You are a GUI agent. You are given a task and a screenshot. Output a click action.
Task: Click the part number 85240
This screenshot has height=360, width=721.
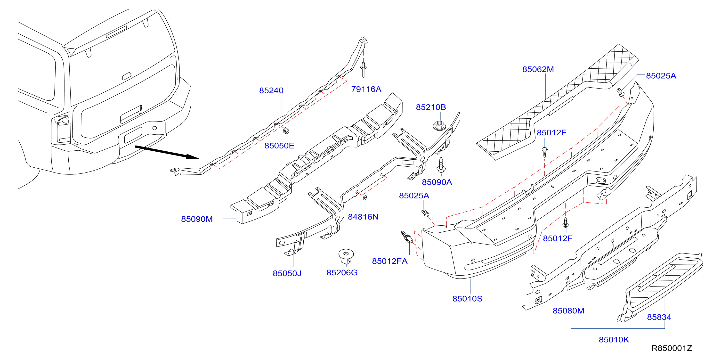(x=271, y=90)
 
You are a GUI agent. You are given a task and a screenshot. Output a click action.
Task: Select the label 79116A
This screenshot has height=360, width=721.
(x=366, y=89)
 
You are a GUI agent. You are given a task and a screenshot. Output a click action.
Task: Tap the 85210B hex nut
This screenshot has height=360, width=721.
(x=439, y=125)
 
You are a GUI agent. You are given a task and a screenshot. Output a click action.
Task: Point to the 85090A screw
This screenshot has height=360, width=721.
(x=441, y=165)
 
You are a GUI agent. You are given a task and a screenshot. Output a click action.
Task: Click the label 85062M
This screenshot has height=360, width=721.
(x=538, y=69)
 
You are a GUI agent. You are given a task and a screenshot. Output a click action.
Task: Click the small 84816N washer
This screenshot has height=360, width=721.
(x=365, y=198)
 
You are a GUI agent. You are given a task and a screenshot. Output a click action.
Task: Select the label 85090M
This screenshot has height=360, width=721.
(x=197, y=219)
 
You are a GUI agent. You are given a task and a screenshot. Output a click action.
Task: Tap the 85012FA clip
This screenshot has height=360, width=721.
(x=406, y=237)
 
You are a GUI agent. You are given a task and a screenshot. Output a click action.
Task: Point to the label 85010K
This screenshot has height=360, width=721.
(x=614, y=339)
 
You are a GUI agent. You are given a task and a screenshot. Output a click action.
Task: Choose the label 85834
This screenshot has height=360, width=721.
(x=659, y=317)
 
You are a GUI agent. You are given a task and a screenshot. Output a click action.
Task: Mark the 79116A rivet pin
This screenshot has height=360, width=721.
(x=363, y=70)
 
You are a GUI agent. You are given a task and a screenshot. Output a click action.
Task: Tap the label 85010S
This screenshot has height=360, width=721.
(x=467, y=298)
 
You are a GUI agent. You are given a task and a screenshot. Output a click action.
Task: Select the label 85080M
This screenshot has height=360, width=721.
(x=568, y=311)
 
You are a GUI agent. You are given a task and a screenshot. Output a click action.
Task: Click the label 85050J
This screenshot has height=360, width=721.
(x=287, y=273)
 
